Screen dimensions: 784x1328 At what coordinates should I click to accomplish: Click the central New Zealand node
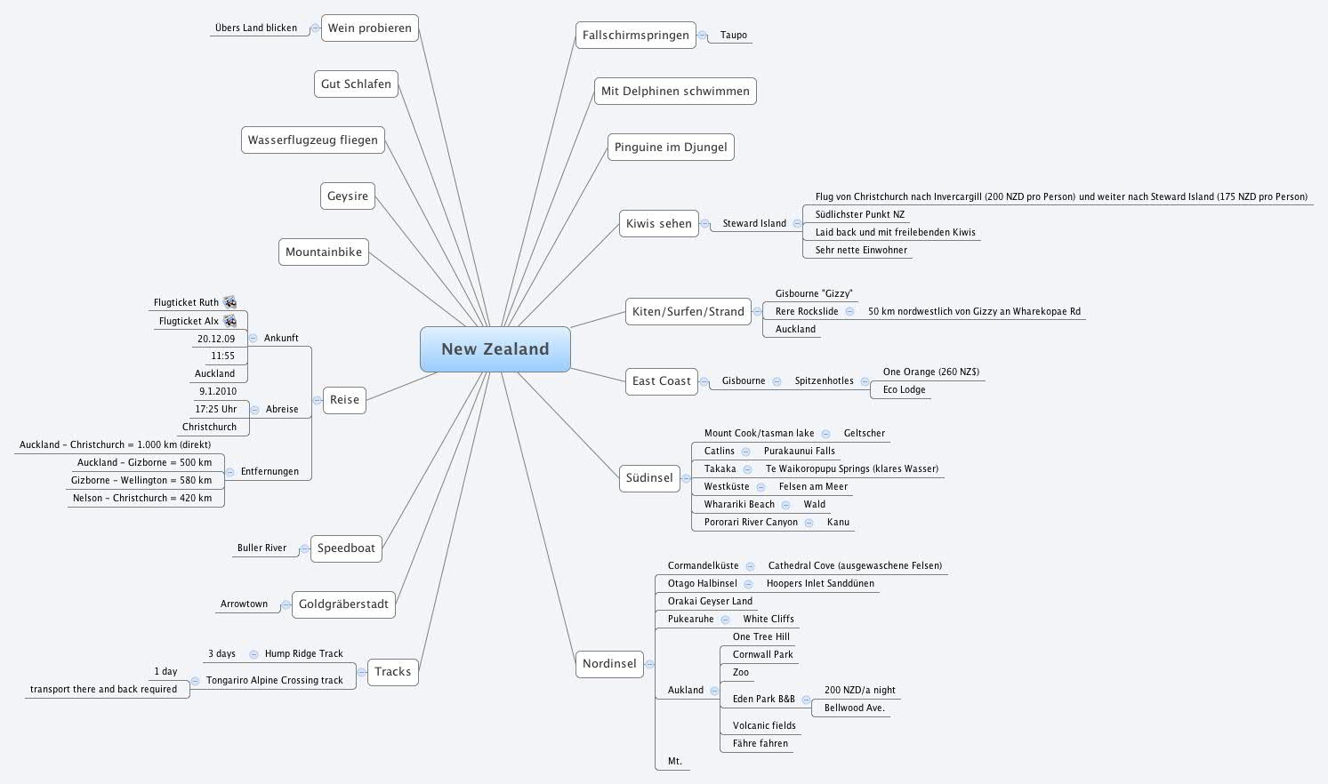(495, 349)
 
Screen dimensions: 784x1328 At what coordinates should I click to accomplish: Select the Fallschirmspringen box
(635, 36)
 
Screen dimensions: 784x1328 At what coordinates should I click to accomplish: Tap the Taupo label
(733, 36)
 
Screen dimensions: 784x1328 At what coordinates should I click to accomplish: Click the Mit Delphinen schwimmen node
(675, 91)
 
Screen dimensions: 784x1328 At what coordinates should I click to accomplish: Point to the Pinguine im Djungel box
(671, 147)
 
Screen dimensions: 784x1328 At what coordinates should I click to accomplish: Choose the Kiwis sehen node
(658, 224)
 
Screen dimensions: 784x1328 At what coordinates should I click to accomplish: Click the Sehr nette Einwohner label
(861, 251)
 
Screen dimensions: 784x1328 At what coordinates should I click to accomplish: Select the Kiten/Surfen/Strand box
(688, 311)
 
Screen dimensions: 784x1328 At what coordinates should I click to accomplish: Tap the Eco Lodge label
(904, 390)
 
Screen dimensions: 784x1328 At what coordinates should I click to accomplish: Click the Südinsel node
(649, 477)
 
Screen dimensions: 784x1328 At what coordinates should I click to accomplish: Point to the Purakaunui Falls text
(799, 452)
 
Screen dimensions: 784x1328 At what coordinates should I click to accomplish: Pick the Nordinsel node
(609, 663)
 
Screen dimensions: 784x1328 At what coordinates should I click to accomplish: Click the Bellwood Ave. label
(854, 708)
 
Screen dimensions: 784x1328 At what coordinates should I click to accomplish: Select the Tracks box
(392, 672)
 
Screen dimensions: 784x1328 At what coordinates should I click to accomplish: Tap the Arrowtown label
(244, 604)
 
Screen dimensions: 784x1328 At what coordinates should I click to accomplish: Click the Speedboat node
(346, 548)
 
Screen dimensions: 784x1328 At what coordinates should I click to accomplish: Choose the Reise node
(344, 400)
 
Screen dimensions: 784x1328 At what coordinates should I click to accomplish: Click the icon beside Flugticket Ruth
(229, 302)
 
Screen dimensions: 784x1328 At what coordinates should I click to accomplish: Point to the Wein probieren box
(369, 28)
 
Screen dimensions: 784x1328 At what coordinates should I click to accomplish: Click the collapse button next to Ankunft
(254, 339)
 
